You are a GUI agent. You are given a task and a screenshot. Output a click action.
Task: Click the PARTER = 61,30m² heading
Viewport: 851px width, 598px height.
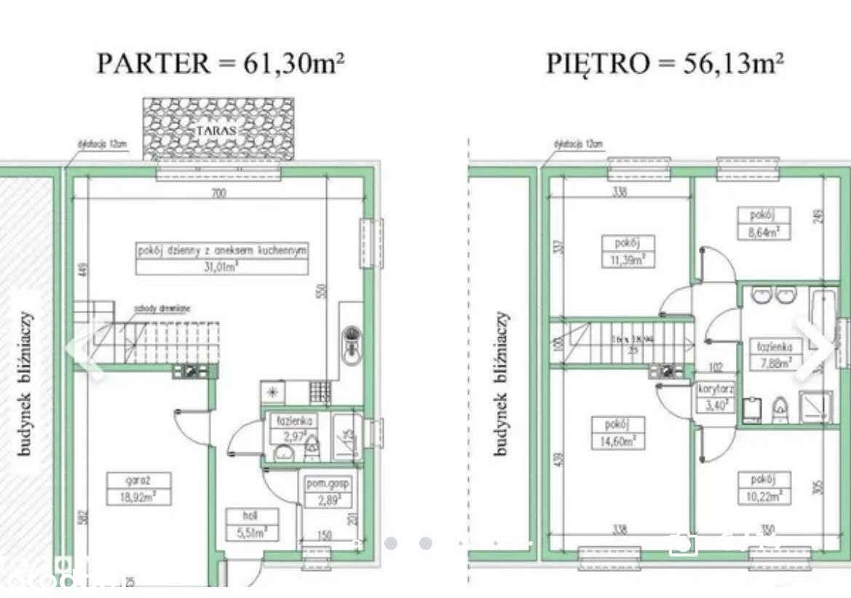tap(220, 63)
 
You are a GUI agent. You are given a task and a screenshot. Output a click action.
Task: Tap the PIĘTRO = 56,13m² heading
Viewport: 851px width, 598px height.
tap(664, 63)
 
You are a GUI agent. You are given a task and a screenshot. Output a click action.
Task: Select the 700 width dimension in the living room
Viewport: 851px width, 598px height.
tap(219, 193)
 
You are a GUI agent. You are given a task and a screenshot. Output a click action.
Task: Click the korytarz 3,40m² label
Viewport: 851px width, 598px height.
tap(716, 397)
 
